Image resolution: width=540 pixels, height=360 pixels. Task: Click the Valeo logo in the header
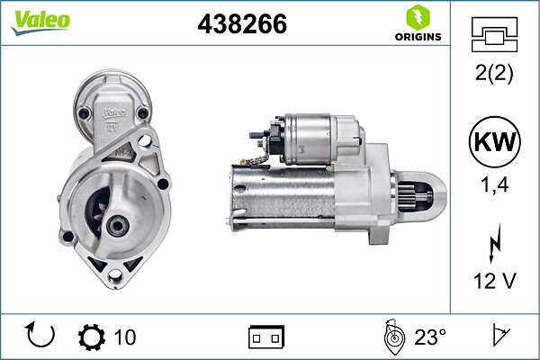(x=40, y=22)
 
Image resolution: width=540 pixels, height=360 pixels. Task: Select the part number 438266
(x=242, y=23)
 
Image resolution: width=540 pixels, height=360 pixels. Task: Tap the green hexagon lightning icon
(x=418, y=18)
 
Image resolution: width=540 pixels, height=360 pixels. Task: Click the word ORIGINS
(x=418, y=37)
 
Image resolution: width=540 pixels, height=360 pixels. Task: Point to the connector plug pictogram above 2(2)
(x=494, y=34)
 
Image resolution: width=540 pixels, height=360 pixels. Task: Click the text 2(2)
(x=494, y=73)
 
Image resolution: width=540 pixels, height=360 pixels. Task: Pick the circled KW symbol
(x=494, y=142)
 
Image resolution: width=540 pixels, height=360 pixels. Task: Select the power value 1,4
(x=494, y=184)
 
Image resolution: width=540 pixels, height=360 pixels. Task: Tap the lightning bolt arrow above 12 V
(x=495, y=243)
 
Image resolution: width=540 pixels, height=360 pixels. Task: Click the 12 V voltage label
(x=494, y=281)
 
